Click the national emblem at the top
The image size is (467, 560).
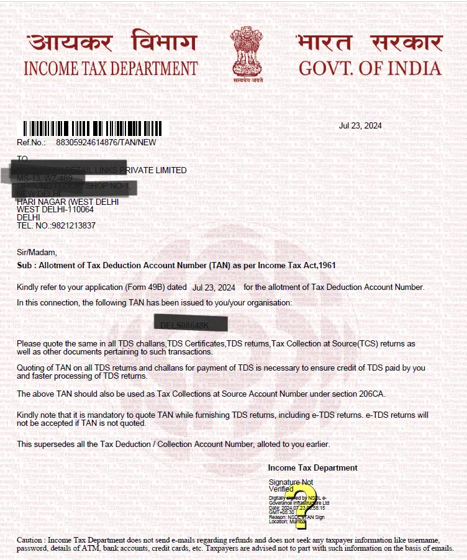point(247,55)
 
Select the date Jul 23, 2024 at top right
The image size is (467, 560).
point(360,125)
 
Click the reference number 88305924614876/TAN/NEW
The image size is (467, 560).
point(106,142)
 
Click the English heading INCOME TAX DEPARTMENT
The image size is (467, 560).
point(111,68)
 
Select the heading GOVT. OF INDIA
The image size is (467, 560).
point(370,68)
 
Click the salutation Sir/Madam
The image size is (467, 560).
point(37,252)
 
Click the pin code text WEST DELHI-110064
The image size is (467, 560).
point(55,210)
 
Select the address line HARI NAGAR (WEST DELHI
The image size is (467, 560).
point(68,202)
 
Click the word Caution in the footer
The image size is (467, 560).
point(30,540)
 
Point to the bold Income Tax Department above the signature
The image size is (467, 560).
point(312,467)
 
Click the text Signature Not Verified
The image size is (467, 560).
point(291,485)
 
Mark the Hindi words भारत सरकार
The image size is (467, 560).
point(370,42)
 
